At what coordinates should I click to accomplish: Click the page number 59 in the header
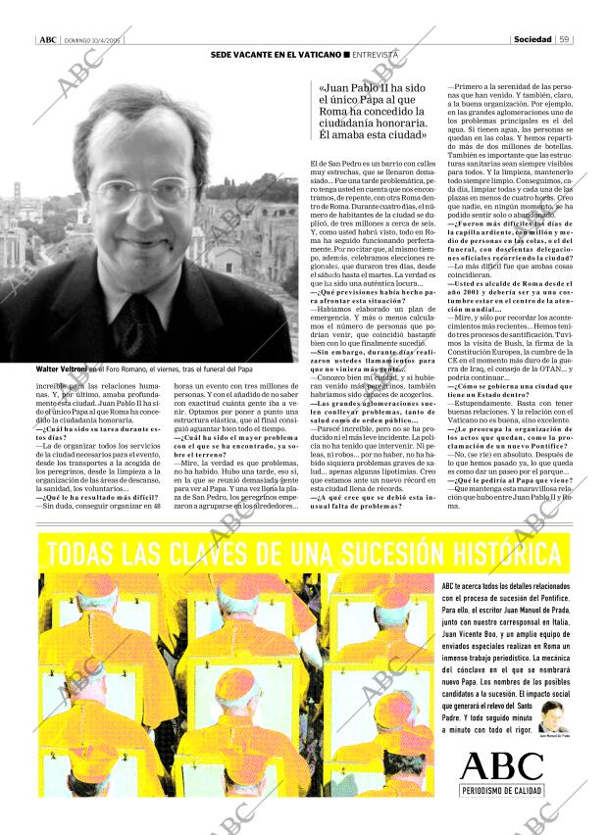click(x=565, y=39)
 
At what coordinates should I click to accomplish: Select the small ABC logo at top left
click(x=46, y=40)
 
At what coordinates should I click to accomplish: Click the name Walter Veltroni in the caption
click(x=69, y=369)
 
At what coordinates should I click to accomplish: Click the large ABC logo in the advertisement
click(x=500, y=766)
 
